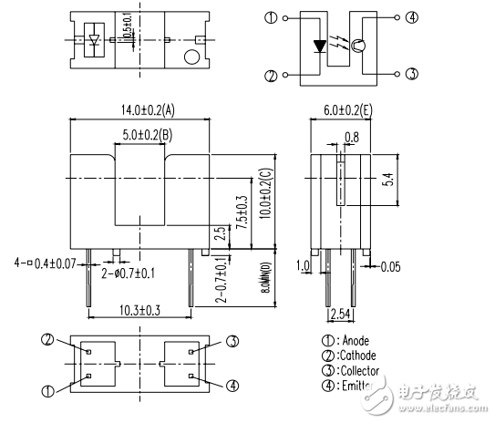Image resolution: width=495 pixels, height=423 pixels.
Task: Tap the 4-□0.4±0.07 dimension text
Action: (x=45, y=263)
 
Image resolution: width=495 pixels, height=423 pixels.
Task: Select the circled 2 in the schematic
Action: (x=270, y=76)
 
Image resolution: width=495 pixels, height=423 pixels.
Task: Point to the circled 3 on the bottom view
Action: (x=232, y=341)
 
